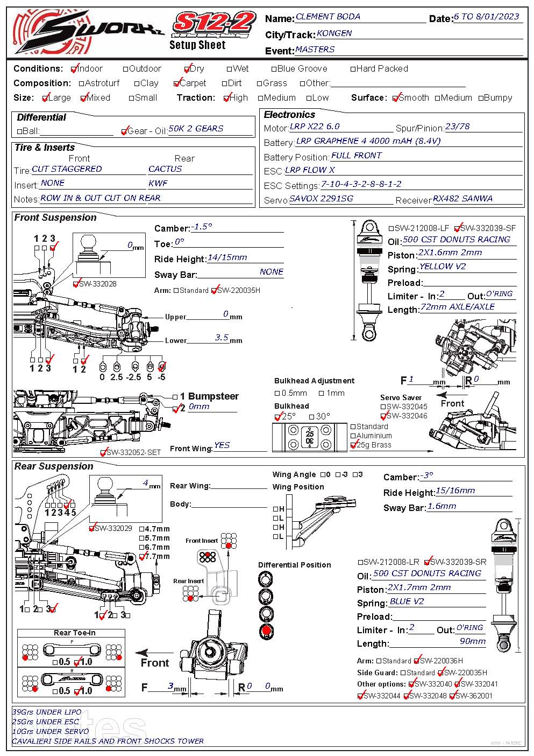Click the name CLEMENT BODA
coord(328,17)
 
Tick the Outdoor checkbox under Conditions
coord(126,69)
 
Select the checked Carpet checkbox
coord(177,83)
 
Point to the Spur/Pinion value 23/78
coord(458,127)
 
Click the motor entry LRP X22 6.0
coord(315,127)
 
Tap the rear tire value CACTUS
coord(165,169)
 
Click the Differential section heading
coord(41,117)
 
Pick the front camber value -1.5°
coord(202,227)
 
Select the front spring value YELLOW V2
coord(442,267)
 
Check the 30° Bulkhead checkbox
coord(312,417)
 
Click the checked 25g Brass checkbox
coord(353,445)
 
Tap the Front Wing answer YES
coord(222,445)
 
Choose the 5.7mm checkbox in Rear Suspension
coord(142,538)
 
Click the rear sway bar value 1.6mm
coord(442,506)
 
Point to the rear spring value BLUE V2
coord(407,601)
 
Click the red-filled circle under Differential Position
coord(266,632)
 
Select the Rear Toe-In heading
coord(74,633)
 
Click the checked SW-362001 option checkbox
coord(452,696)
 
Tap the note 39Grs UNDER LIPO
coord(47,712)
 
